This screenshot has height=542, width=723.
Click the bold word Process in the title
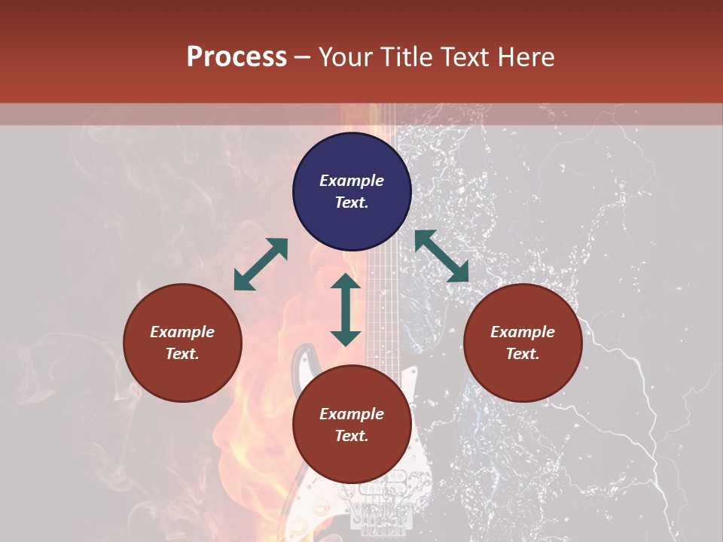coord(236,57)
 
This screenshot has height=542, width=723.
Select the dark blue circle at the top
coord(352,192)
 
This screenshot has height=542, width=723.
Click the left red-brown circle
coord(182,343)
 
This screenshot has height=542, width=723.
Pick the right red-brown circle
coord(523,343)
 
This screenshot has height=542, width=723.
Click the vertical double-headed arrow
coord(346,309)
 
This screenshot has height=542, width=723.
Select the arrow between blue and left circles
coord(261,264)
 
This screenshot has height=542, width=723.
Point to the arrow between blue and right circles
coord(441,256)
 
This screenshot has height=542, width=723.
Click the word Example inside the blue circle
coord(352,181)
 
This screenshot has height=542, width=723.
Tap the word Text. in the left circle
coord(182,355)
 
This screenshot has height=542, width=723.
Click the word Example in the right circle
coord(523,332)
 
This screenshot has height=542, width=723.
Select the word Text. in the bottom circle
coord(352,437)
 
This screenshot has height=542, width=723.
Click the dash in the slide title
coord(303,57)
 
